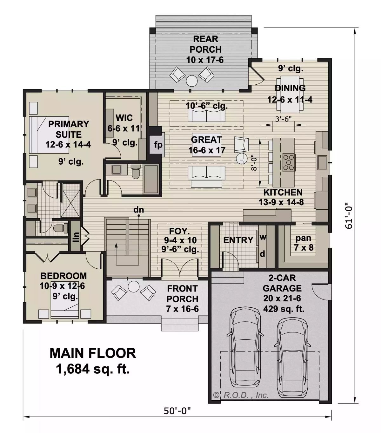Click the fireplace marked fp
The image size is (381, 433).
(x=158, y=145)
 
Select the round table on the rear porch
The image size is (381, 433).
(x=192, y=81)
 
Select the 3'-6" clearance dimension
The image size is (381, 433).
(x=283, y=119)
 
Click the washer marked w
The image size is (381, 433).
(x=263, y=237)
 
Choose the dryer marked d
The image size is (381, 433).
(x=263, y=254)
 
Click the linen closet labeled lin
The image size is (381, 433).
(x=76, y=236)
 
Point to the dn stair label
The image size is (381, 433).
(x=138, y=210)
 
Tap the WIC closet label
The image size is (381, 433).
(x=124, y=118)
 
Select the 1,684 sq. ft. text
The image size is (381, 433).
(x=93, y=369)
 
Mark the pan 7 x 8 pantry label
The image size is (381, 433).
(x=303, y=243)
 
